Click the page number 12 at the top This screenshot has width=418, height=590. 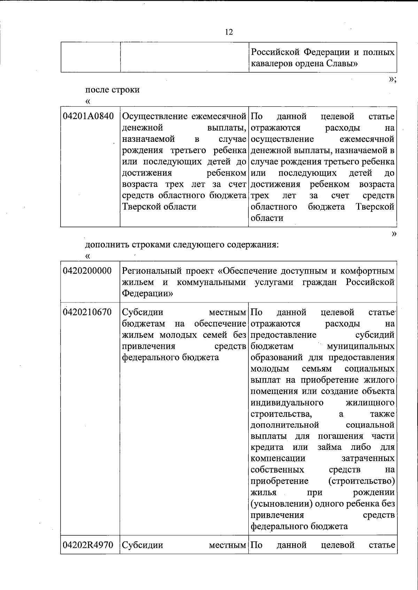[229, 32]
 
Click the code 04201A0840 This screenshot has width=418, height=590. [88, 116]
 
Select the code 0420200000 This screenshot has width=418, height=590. [88, 271]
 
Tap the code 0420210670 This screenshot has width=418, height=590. [88, 312]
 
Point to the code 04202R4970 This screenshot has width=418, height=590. [88, 544]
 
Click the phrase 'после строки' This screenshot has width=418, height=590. [113, 90]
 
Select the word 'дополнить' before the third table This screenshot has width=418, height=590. [107, 245]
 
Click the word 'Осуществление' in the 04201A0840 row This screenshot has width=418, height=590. [155, 116]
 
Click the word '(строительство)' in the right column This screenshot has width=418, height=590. [362, 481]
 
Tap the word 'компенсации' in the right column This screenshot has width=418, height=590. [278, 458]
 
